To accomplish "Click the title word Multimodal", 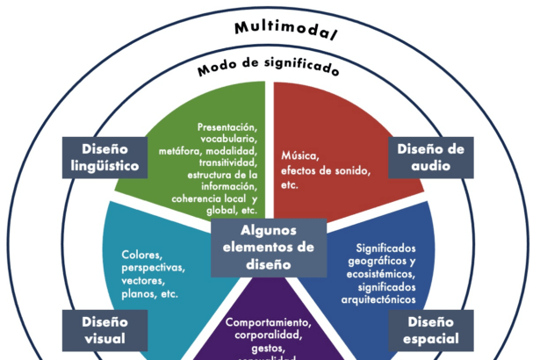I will pyautogui.click(x=285, y=28).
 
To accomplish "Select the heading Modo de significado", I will pyautogui.click(x=268, y=67).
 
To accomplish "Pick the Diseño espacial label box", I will pyautogui.click(x=431, y=329).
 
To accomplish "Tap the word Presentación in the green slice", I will pyautogui.click(x=227, y=127).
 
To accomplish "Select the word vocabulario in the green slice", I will pyautogui.click(x=227, y=140).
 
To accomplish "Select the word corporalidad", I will pyautogui.click(x=268, y=335).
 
